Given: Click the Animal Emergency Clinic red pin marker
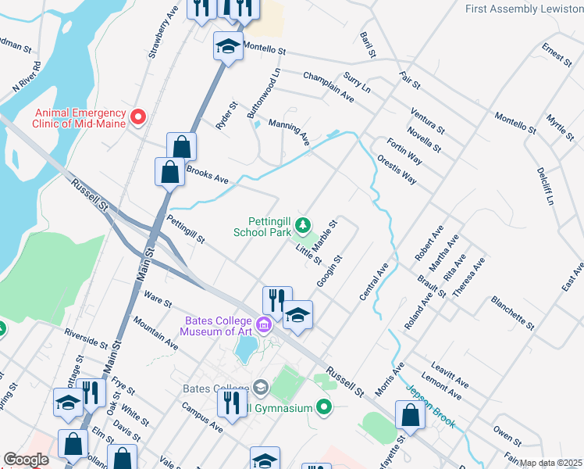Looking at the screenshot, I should coord(138,116).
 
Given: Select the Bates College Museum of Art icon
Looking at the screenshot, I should coord(264,324).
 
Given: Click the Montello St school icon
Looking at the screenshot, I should coord(227,46).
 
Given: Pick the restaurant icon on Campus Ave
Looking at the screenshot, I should coord(232,403).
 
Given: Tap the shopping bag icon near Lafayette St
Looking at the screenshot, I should coord(410,415).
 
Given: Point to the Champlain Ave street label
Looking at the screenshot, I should coord(328,87).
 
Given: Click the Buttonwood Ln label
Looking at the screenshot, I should coord(263,93).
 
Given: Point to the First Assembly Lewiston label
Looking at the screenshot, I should coord(523,9).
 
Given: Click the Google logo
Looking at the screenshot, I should coord(26,460).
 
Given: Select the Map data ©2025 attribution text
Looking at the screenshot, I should coord(551,463).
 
